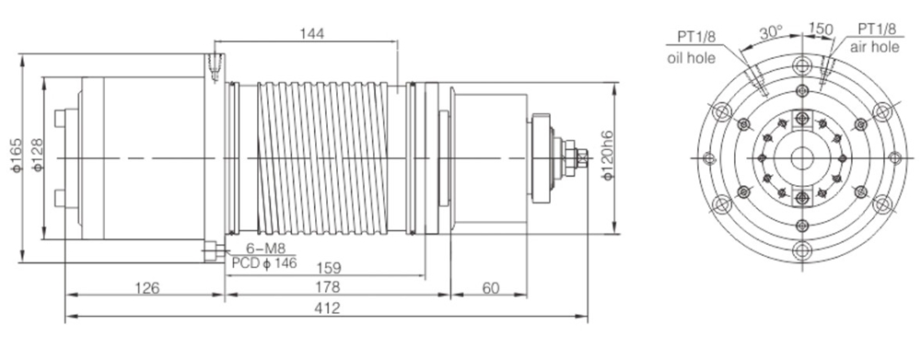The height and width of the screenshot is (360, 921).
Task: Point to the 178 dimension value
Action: click(x=338, y=288)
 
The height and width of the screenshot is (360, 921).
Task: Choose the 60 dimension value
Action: click(x=490, y=288)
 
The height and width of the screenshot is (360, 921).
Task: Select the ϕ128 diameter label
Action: click(x=38, y=158)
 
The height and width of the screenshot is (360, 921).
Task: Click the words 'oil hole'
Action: click(x=688, y=57)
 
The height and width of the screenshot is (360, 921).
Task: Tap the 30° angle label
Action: click(x=770, y=30)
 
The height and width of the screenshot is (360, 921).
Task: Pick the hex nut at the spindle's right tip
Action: click(x=579, y=158)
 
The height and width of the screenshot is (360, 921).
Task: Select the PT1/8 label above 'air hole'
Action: click(x=877, y=29)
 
